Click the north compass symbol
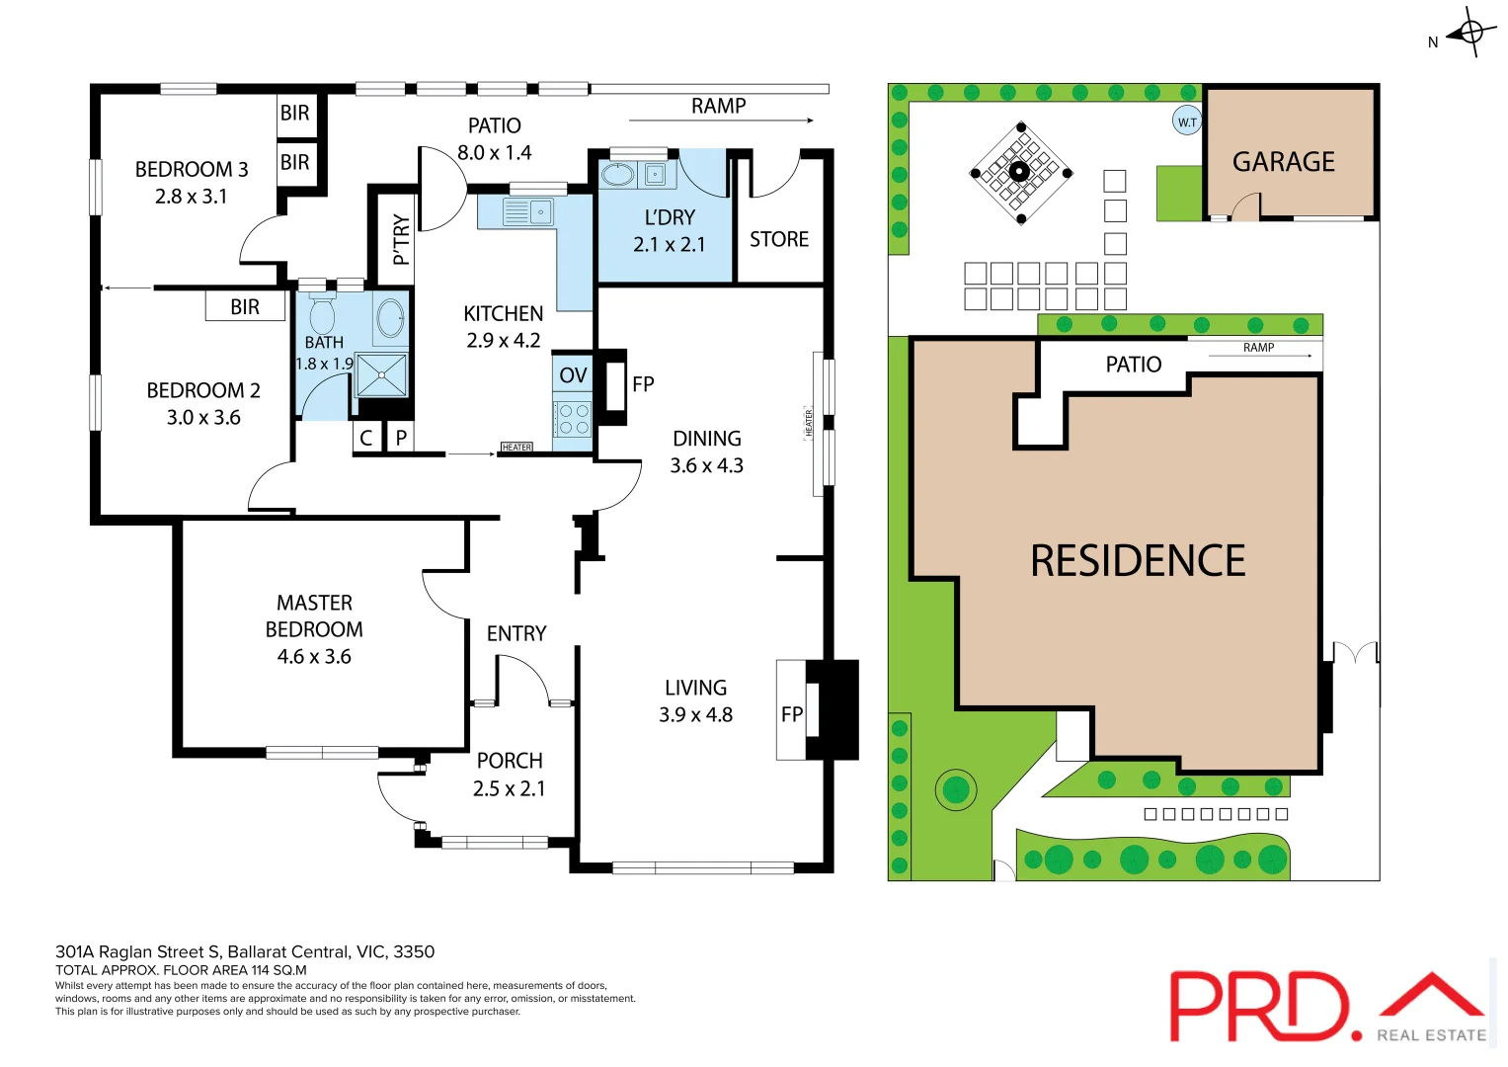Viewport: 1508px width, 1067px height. (1470, 33)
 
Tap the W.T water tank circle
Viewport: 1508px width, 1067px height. (1187, 122)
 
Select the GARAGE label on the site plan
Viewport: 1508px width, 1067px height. (1283, 162)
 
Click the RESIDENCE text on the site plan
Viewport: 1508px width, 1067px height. (1138, 561)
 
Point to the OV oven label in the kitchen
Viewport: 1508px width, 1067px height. (573, 375)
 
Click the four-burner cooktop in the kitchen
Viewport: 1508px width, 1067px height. (573, 420)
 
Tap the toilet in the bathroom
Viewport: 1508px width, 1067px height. (322, 315)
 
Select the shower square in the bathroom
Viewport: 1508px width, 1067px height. (381, 375)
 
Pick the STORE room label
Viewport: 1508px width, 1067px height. (779, 239)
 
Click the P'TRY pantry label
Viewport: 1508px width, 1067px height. (401, 239)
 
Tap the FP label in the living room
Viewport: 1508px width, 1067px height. (791, 714)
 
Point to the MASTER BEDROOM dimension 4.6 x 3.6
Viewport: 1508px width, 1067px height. (314, 657)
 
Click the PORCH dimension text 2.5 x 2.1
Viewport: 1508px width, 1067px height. (509, 788)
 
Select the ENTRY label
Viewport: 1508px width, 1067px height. (516, 633)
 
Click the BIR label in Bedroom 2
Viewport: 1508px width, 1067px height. (245, 307)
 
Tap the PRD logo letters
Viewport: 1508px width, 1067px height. (1259, 1006)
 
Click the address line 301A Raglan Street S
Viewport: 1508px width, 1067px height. (245, 951)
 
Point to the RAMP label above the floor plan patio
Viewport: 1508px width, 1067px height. (718, 106)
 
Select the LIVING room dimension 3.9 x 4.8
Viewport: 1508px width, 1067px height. (695, 714)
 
